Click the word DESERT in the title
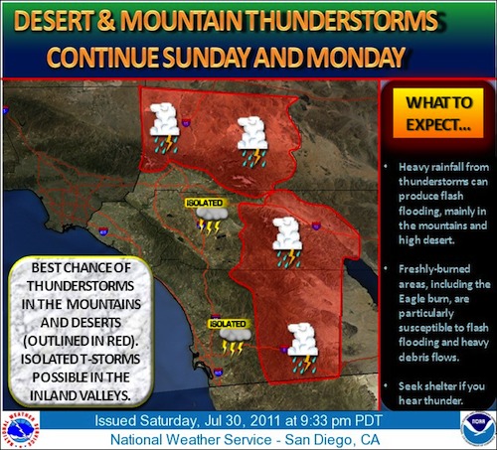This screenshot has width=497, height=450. (x=54, y=21)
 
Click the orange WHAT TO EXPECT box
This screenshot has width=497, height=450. (x=438, y=113)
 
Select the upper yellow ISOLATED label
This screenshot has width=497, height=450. (x=204, y=203)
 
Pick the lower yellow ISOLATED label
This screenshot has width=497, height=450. (x=228, y=324)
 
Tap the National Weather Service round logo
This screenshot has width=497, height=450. (x=22, y=430)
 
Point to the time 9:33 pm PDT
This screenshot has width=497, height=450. (x=342, y=421)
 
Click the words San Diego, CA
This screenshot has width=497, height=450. (x=332, y=440)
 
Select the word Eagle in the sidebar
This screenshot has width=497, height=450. (x=412, y=299)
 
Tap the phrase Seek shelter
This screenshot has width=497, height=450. (x=425, y=386)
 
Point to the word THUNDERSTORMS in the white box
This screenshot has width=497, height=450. (x=81, y=286)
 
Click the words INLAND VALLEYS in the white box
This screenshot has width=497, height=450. (x=81, y=395)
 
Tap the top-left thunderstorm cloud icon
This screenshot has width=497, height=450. (x=164, y=128)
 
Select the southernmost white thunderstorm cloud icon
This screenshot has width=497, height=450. (x=302, y=348)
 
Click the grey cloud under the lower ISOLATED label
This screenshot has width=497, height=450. (x=235, y=335)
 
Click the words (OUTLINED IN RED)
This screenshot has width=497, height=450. (x=81, y=341)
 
